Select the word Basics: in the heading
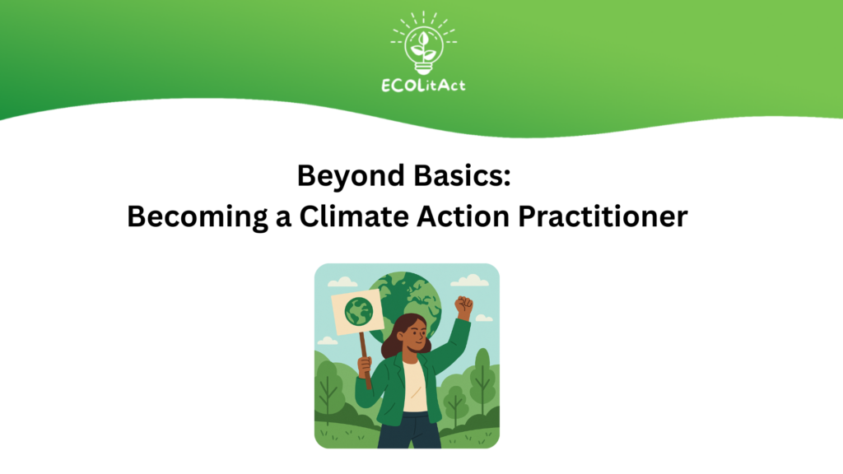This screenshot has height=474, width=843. tap(463, 175)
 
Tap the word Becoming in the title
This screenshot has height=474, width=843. tap(198, 217)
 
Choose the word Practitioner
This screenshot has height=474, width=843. tap(603, 216)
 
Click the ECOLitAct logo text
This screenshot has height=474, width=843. tap(423, 86)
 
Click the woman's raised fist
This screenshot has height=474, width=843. tap(463, 306)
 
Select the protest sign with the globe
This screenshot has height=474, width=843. tap(357, 312)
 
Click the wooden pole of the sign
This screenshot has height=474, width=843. tap(366, 360)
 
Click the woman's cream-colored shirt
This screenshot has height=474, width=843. tap(415, 386)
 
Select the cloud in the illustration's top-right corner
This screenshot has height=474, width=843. tap(470, 280)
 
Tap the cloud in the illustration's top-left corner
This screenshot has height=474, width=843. tap(342, 281)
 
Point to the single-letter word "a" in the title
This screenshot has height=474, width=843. tap(283, 219)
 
